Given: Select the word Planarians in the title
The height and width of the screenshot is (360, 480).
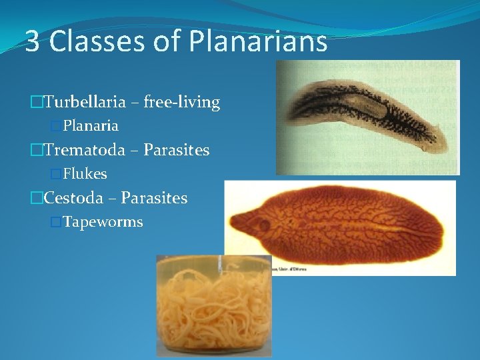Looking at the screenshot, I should point(258,42).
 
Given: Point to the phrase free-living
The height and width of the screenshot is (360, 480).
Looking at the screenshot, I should point(183,102).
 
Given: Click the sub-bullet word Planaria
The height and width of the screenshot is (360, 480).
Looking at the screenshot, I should point(91,125).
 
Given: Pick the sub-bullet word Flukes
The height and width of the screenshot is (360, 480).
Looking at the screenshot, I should point(85,174).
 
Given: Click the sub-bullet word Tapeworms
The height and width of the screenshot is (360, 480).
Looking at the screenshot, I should point(103,222).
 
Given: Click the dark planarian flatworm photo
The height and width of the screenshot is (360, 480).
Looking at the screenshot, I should point(367,117).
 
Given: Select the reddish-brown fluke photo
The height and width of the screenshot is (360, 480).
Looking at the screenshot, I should point(340,227).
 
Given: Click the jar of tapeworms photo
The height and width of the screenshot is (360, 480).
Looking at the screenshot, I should point(213,307).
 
